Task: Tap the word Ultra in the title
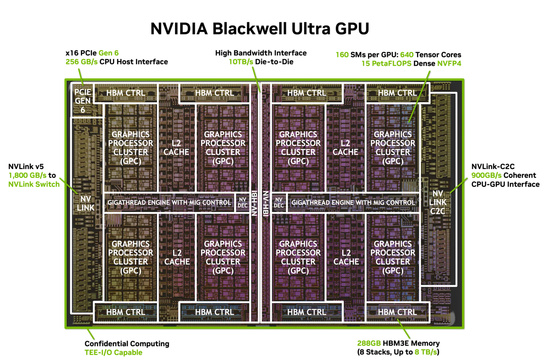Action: [x=310, y=29]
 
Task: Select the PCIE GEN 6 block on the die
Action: [x=83, y=101]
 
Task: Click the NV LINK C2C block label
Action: [x=437, y=202]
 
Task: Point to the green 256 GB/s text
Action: [x=81, y=62]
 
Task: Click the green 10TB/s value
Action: [x=241, y=62]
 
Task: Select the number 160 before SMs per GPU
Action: [x=342, y=55]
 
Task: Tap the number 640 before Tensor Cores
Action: [x=406, y=55]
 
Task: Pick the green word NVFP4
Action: [x=449, y=63]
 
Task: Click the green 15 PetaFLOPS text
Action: [x=386, y=63]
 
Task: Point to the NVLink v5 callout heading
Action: [x=26, y=167]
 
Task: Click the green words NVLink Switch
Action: [x=34, y=184]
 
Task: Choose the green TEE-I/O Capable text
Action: [x=113, y=352]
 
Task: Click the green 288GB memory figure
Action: [x=369, y=343]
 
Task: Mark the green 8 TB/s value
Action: [x=426, y=352]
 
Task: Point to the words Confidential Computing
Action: [x=127, y=344]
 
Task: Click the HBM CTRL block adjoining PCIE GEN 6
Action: [x=125, y=93]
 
